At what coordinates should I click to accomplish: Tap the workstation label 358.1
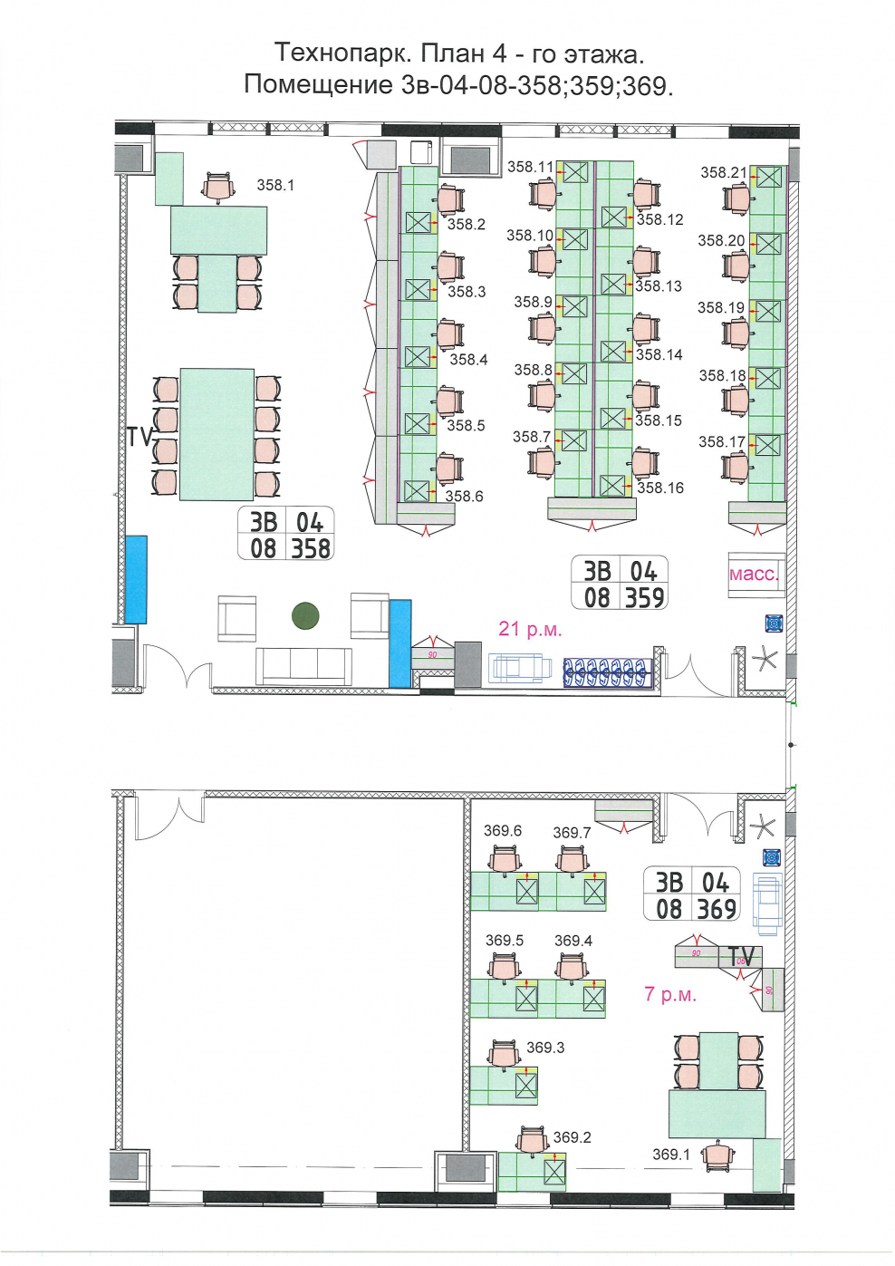coord(275,185)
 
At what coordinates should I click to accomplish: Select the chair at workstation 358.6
coord(450,469)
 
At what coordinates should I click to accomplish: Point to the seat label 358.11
coord(530,167)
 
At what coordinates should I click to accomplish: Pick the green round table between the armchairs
coord(305,616)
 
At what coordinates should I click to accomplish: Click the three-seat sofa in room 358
coord(303,666)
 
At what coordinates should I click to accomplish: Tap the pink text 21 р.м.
coord(530,629)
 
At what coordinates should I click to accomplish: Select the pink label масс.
coord(754,575)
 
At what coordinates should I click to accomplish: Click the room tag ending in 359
coord(620,583)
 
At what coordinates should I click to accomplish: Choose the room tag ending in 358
coord(285,533)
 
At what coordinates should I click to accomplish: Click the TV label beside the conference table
coord(140,437)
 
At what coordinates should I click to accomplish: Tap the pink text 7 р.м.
coord(670,993)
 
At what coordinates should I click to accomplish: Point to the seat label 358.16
coord(660,488)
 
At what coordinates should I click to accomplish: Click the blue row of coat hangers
coord(608,672)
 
